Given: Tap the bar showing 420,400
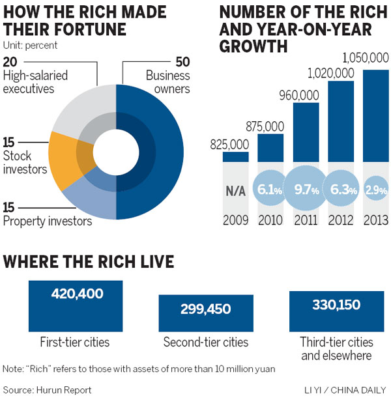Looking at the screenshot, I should tap(77, 304).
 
